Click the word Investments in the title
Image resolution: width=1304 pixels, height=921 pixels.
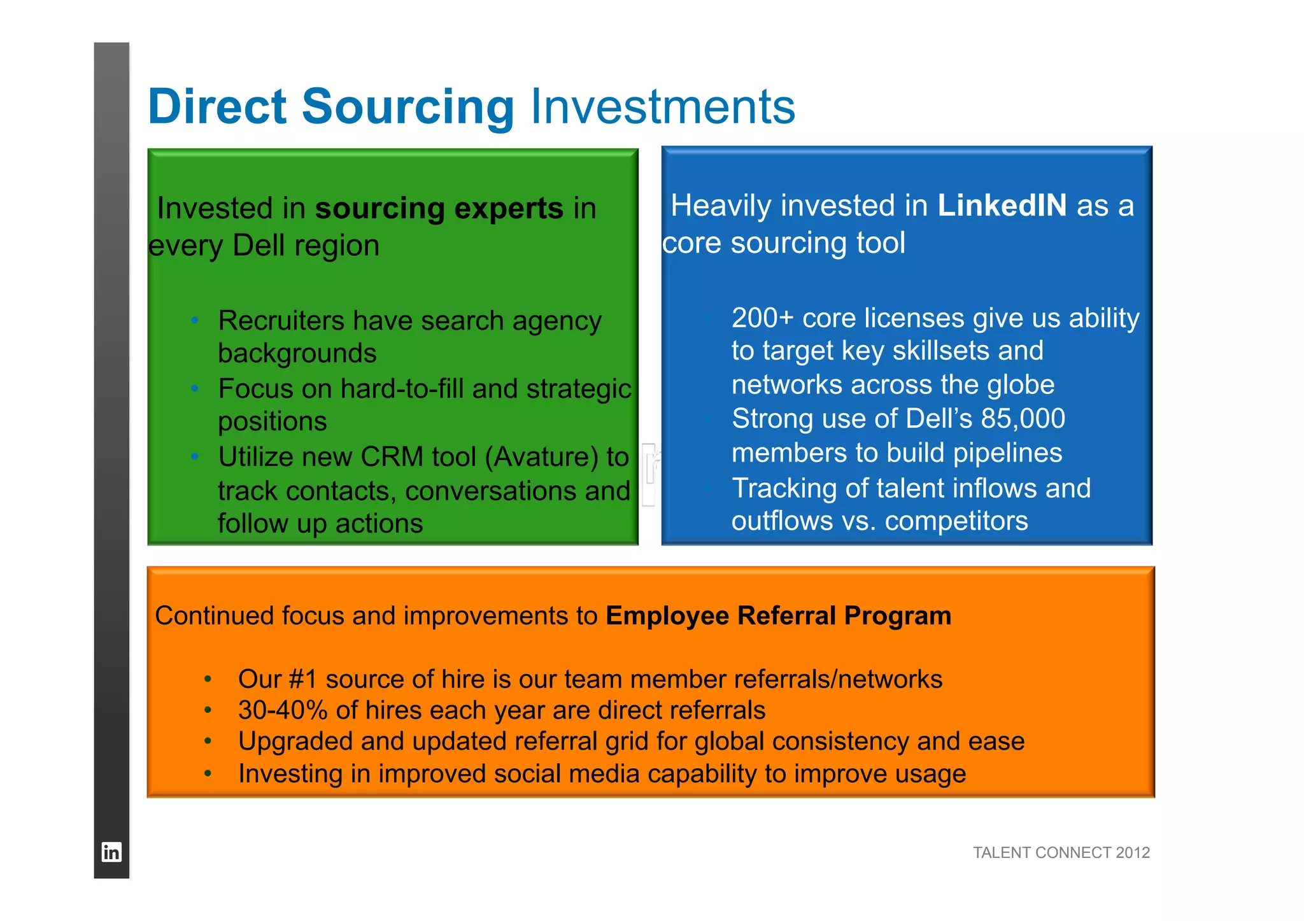click(x=662, y=107)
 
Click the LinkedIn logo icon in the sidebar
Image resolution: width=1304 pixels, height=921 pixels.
click(x=111, y=852)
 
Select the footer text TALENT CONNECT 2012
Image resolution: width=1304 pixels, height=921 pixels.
click(x=1061, y=852)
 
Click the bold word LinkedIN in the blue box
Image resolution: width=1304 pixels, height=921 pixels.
click(x=1002, y=206)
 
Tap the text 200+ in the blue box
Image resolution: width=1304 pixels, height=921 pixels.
click(x=762, y=318)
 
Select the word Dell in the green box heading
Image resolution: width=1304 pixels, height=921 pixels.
click(x=259, y=246)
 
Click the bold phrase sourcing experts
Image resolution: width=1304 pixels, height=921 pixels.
click(x=439, y=209)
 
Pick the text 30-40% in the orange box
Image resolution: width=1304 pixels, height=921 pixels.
click(x=283, y=710)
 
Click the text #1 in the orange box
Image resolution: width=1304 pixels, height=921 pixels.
click(x=302, y=679)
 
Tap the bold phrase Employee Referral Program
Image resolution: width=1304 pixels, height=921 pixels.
click(x=778, y=615)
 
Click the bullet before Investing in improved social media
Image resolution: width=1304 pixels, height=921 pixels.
click(x=208, y=774)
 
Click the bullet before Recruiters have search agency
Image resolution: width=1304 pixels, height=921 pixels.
click(x=195, y=320)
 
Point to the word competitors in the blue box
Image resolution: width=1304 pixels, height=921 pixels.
click(x=956, y=521)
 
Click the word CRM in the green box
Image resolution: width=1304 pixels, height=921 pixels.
click(x=392, y=457)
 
